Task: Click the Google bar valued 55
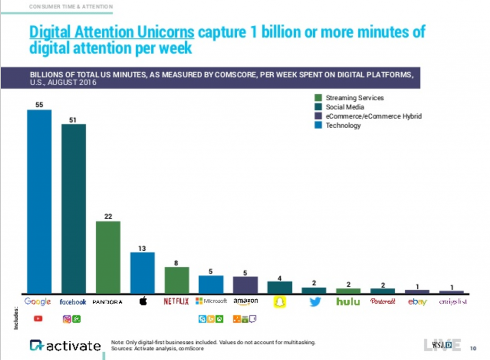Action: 39,201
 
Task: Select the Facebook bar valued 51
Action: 73,208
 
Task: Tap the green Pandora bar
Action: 108,257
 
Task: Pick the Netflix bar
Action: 177,280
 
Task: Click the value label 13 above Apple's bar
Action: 142,248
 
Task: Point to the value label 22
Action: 108,217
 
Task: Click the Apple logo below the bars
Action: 142,302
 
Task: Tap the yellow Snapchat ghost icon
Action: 279,302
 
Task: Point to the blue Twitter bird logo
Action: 314,302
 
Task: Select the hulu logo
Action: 348,302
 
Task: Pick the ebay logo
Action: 417,302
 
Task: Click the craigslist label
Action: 452,302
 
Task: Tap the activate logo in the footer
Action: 65,346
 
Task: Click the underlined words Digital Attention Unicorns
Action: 111,32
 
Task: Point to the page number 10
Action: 473,348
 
